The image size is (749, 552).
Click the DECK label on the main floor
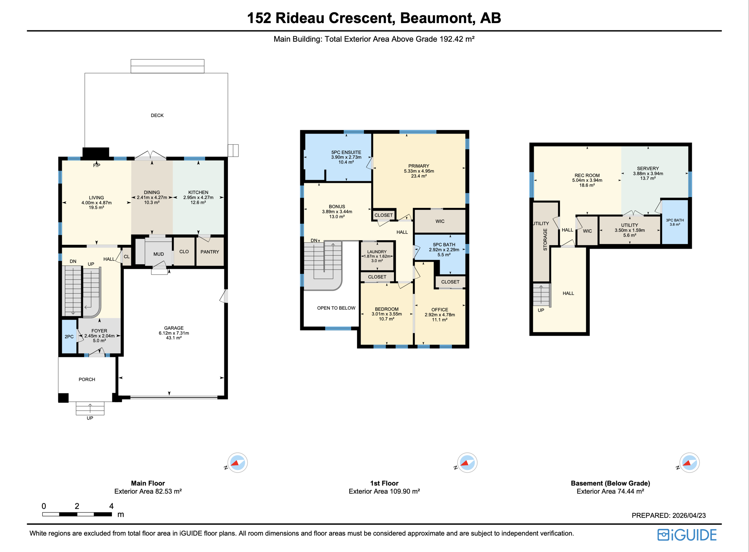tap(157, 115)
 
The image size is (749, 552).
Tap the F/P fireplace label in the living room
tap(97, 165)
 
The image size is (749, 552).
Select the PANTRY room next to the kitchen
tap(210, 252)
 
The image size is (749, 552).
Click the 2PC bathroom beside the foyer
tap(69, 337)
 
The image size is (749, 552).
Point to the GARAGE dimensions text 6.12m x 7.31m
tap(174, 333)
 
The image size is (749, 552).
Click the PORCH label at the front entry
tap(87, 380)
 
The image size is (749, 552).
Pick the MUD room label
tap(158, 254)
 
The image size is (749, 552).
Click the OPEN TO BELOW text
tap(336, 308)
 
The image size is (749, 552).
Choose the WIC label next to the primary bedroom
tap(440, 221)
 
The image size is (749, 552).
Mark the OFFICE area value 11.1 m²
tap(440, 320)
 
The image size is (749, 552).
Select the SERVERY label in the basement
tap(648, 169)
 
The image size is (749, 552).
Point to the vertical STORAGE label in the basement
tap(545, 239)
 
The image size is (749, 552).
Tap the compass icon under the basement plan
tap(689, 463)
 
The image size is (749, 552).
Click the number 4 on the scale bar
tap(111, 506)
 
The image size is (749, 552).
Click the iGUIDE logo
tap(687, 535)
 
